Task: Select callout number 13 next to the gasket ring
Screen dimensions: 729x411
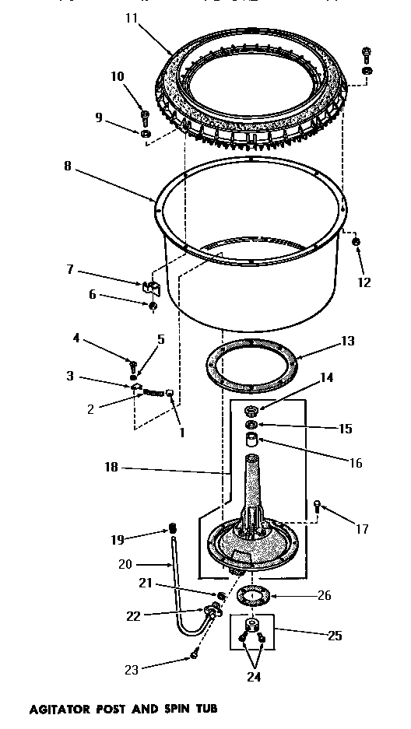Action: point(347,340)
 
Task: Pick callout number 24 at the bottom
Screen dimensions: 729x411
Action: point(254,676)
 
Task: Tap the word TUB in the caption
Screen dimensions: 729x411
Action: point(205,709)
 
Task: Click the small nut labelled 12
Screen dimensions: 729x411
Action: point(355,244)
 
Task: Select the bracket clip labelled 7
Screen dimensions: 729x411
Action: point(151,287)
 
